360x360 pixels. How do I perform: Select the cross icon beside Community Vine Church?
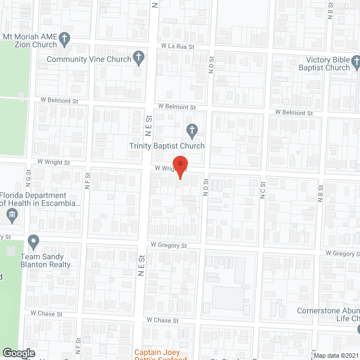139,58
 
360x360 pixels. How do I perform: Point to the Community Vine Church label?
89,59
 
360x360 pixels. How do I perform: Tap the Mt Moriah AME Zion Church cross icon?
65,39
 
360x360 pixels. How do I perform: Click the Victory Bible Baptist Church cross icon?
355,60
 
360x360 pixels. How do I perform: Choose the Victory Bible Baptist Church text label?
328,64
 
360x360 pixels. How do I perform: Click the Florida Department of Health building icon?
12,214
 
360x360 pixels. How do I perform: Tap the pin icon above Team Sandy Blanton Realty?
33,242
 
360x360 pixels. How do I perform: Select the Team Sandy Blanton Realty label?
46,260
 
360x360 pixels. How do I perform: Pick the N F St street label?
87,185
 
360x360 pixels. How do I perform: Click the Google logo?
18,353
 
